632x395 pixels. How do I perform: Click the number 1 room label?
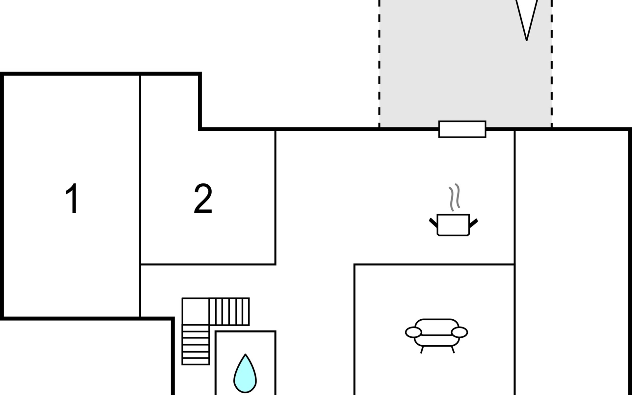click(72, 198)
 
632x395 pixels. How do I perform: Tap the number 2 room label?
click(203, 198)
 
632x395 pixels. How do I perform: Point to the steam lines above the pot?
click(455, 197)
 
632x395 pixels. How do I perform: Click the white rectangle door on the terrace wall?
click(462, 129)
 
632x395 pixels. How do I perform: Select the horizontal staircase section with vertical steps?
click(229, 311)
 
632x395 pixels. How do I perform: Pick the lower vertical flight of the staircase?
click(196, 345)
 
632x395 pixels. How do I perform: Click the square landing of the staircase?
click(196, 311)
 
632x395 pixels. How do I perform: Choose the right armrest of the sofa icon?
click(459, 332)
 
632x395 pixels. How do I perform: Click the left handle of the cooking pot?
click(434, 223)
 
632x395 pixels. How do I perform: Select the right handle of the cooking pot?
click(473, 223)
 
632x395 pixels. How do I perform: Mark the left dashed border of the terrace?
click(379, 64)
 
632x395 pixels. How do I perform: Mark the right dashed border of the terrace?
click(551, 64)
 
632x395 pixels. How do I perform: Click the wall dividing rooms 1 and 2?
click(140, 196)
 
